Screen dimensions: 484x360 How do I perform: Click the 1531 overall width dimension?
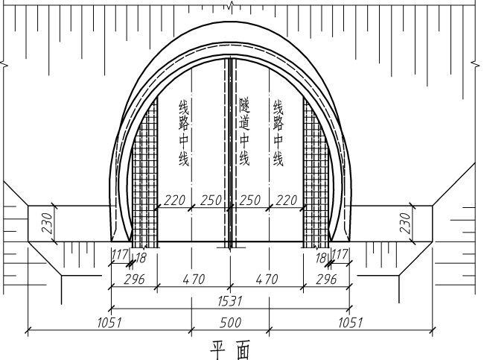coord(230,301)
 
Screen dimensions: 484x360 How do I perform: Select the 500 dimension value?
coord(230,323)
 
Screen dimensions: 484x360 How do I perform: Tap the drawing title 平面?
coord(230,351)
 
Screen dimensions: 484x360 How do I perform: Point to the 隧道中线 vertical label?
coord(244,132)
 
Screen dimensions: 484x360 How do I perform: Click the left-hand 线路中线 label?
coord(184,133)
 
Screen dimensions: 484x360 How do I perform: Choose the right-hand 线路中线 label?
coord(278,133)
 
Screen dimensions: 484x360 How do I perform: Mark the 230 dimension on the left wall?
coord(48,223)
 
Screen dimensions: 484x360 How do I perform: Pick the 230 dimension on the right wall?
coord(405,223)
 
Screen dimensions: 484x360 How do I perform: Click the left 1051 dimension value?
coord(109,323)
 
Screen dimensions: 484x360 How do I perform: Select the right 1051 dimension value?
coord(351,323)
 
